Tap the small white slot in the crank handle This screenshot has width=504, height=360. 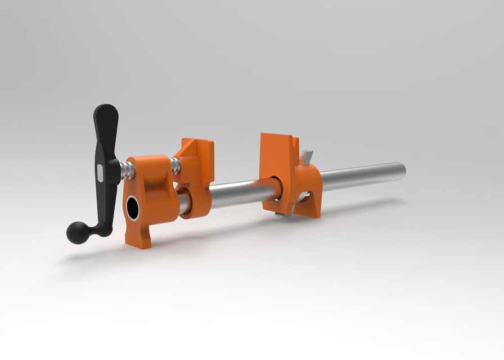pyautogui.click(x=100, y=173)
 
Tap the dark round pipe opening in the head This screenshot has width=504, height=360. pyautogui.click(x=132, y=209)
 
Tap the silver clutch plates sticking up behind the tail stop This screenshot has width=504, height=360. pyautogui.click(x=307, y=158)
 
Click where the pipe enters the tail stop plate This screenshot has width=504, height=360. pyautogui.click(x=275, y=188)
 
